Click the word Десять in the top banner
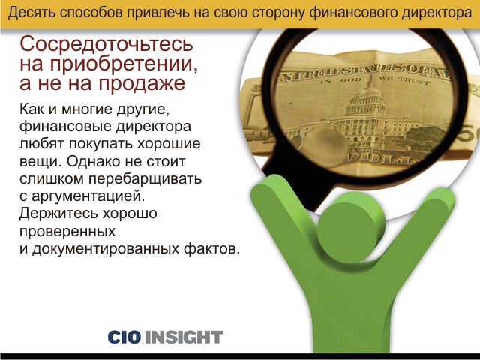click(x=31, y=13)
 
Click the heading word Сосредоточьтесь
click(x=106, y=43)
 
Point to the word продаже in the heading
click(x=142, y=83)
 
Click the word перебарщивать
click(x=145, y=178)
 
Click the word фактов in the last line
click(x=211, y=248)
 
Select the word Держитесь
click(x=58, y=214)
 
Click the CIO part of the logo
click(x=124, y=337)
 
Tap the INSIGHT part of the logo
click(x=184, y=337)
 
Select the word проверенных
click(x=67, y=232)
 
